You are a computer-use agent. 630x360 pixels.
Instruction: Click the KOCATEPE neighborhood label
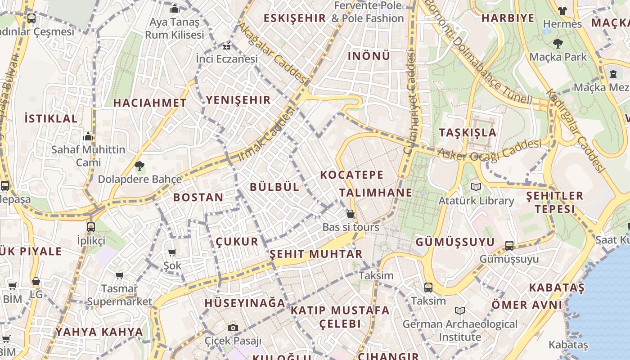[x=351, y=175]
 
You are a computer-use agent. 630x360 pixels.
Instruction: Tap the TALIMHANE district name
[x=375, y=193]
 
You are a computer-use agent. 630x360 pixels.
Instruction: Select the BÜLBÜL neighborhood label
[x=274, y=187]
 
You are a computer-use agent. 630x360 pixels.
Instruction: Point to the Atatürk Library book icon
[x=476, y=187]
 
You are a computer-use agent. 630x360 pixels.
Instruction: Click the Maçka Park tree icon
[x=558, y=44]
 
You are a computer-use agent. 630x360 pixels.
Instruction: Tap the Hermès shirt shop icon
[x=562, y=10]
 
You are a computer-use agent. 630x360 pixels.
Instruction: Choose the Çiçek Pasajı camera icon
[x=233, y=328]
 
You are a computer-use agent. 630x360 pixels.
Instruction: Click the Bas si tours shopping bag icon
[x=351, y=214]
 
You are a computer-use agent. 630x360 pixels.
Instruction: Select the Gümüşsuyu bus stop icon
[x=509, y=245]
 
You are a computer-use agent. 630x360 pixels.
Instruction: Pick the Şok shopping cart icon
[x=172, y=252]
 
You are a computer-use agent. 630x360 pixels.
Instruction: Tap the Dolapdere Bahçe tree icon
[x=139, y=166]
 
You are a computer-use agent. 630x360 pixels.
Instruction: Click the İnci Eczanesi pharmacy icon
[x=227, y=46]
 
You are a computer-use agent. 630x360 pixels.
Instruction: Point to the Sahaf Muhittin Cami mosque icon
[x=88, y=136]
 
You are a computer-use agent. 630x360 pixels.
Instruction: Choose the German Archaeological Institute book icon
[x=459, y=310]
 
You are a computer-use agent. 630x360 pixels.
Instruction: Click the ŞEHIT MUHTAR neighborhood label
[x=316, y=254]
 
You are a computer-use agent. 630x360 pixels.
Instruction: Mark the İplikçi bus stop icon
[x=91, y=227]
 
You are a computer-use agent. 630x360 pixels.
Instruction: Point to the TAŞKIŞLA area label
[x=468, y=132]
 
